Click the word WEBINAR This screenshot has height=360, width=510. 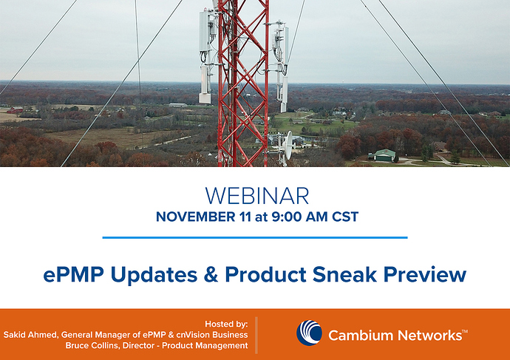[x=257, y=196]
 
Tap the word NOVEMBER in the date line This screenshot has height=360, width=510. [x=195, y=217]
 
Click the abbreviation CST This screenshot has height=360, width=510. [x=344, y=217]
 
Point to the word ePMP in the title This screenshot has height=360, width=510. [x=74, y=274]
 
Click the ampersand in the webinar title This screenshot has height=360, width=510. [x=211, y=274]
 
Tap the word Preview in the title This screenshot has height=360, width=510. [x=425, y=274]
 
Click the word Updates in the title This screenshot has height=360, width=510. [x=154, y=274]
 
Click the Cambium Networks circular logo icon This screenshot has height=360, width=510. [x=309, y=333]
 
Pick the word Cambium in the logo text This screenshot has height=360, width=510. [x=361, y=336]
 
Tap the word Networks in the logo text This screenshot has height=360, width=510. [x=430, y=336]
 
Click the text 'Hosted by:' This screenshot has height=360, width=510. [x=226, y=325]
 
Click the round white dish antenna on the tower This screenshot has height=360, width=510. [x=288, y=146]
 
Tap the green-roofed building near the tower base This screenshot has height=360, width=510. [x=384, y=155]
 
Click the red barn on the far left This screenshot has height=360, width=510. [x=15, y=110]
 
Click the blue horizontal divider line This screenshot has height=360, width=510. [x=255, y=238]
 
